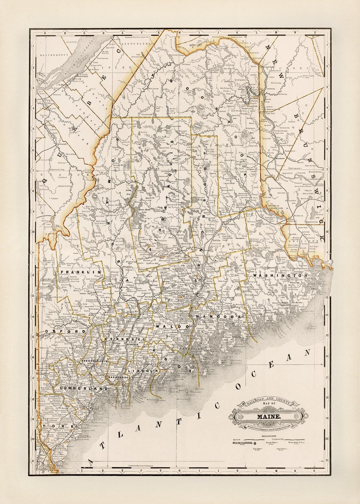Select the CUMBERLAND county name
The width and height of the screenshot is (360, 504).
point(84,389)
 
